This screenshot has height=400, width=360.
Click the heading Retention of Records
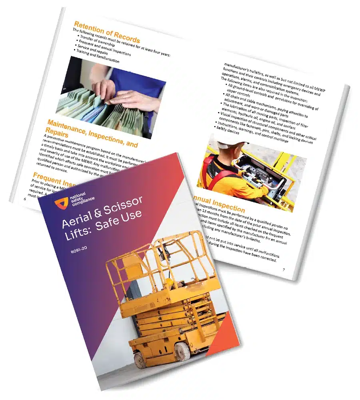(107, 32)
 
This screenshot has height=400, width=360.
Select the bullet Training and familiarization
(94, 60)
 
